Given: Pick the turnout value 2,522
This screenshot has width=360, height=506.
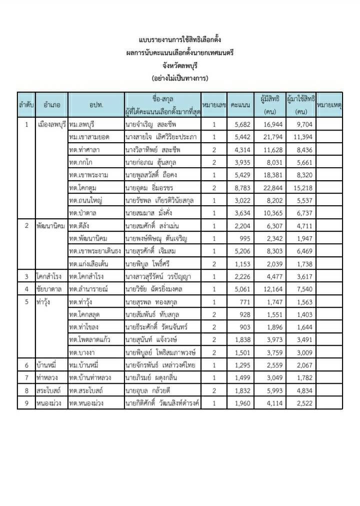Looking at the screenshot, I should (x=302, y=403).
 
